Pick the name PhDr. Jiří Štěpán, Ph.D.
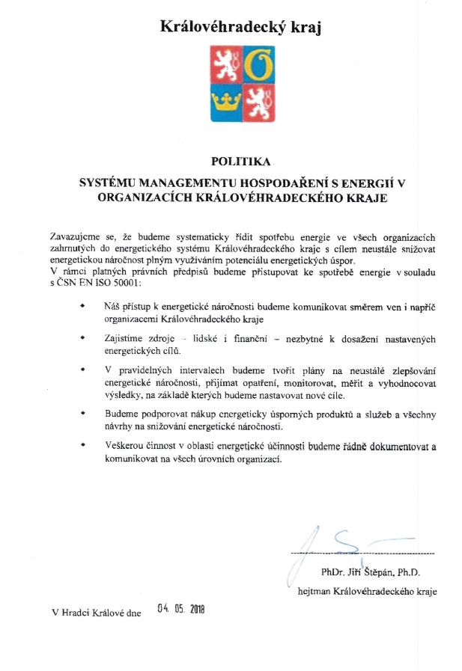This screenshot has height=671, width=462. pos(371,573)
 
